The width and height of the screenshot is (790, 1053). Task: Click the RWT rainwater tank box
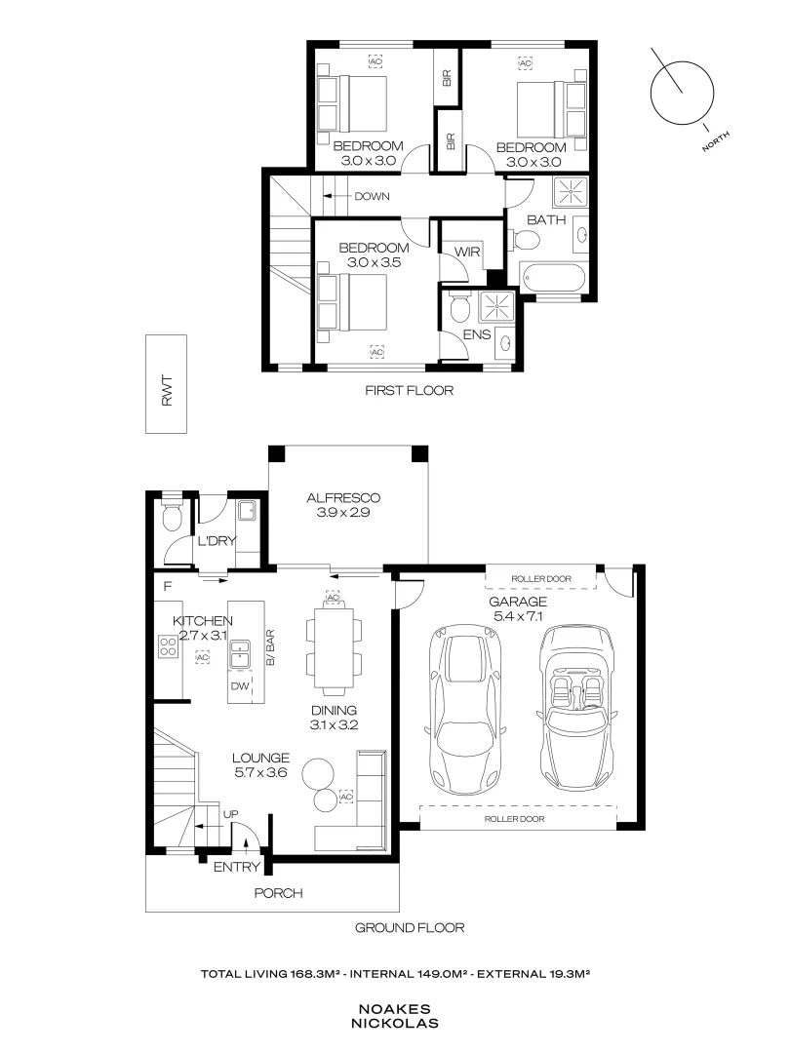click(x=166, y=384)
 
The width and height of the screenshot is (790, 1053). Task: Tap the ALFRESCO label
click(x=343, y=497)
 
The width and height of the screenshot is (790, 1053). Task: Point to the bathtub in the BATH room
click(x=552, y=280)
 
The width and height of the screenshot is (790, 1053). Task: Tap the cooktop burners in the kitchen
click(x=168, y=646)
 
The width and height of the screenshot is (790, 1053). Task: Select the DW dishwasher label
click(x=240, y=686)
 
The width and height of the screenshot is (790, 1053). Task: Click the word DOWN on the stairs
click(x=373, y=196)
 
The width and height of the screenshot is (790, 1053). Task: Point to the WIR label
click(x=467, y=252)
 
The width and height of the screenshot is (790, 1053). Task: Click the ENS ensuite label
click(x=477, y=334)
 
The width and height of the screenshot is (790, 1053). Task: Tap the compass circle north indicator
click(x=682, y=93)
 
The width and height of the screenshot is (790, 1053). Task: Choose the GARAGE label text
click(x=517, y=601)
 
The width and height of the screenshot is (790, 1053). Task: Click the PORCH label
click(x=278, y=893)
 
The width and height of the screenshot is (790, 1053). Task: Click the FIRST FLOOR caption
click(x=409, y=390)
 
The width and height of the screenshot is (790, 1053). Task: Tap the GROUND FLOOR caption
click(x=410, y=927)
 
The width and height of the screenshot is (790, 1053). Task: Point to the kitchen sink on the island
click(x=239, y=655)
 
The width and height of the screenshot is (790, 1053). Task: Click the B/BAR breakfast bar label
click(x=270, y=647)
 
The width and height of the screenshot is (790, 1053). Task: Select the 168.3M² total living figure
click(x=317, y=974)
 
